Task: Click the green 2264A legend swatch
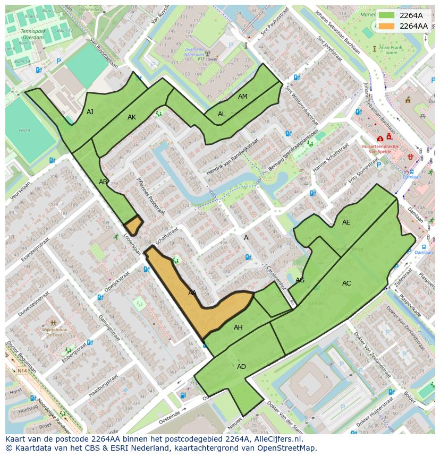[387, 15]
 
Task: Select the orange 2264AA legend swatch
[387, 26]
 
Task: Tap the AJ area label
[90, 111]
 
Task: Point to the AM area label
[243, 97]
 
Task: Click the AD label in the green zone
[241, 367]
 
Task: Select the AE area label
[346, 222]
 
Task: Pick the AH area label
[238, 327]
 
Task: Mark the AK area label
[132, 117]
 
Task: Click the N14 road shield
[22, 370]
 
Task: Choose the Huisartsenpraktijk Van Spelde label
[379, 148]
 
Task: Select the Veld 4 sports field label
[24, 130]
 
